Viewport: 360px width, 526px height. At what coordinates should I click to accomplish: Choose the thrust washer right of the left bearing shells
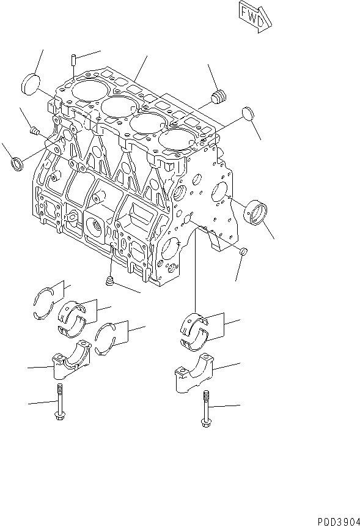click(x=109, y=338)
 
